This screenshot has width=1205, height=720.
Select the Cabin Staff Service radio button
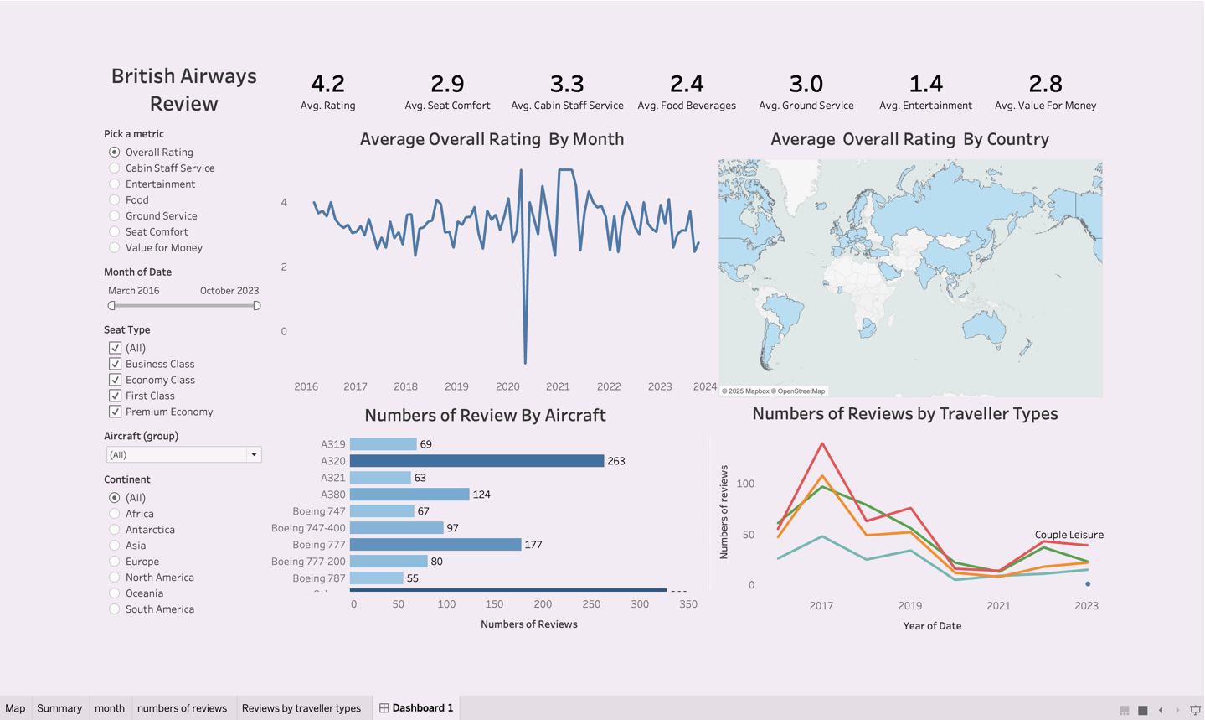point(115,168)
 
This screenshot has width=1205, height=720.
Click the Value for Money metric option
point(115,248)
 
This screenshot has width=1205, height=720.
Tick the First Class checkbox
point(116,396)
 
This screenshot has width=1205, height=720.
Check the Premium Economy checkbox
point(116,412)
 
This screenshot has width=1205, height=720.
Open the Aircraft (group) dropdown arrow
point(254,455)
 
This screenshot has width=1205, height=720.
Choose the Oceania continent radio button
point(115,593)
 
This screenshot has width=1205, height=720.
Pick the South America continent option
point(115,609)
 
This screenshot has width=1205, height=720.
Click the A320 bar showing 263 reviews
point(476,461)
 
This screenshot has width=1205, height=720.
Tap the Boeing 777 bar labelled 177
point(435,545)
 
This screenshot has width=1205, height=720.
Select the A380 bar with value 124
point(409,495)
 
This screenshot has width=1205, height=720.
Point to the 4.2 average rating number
point(327,84)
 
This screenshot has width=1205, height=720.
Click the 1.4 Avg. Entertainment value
point(925,84)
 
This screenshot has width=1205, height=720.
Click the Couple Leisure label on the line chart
point(1069,535)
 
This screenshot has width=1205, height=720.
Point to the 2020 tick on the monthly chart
point(507,386)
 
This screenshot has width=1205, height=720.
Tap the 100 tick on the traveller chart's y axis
point(745,484)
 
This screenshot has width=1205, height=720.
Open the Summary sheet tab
point(59,708)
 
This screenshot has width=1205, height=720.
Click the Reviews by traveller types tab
point(301,708)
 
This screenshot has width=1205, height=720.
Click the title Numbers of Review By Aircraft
point(485,415)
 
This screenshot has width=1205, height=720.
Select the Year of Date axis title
point(932,626)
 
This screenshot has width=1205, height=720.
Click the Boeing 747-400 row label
point(308,528)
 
